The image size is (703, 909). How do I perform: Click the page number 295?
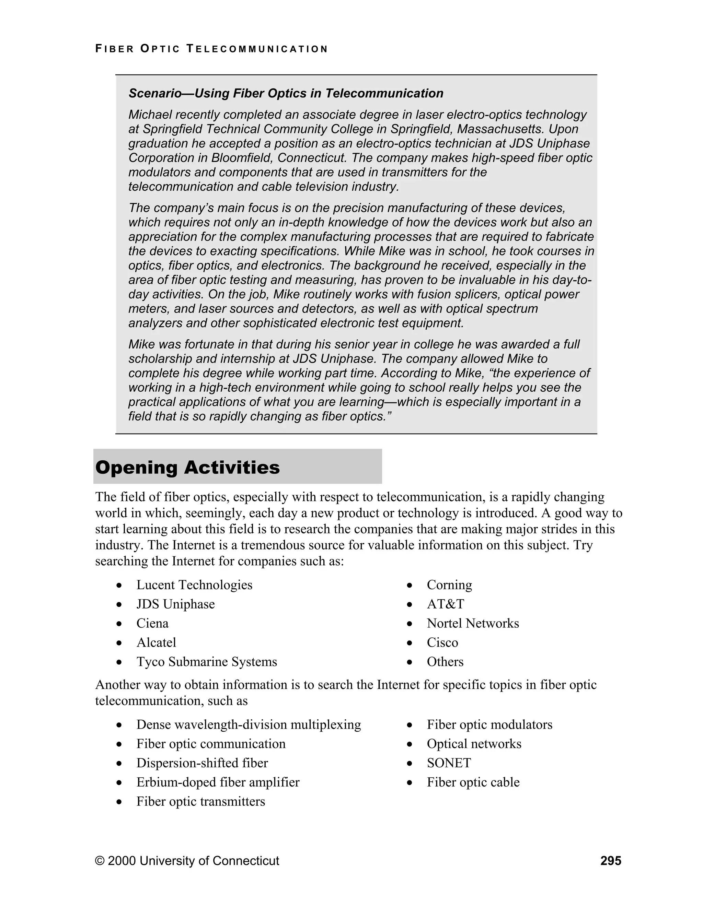[611, 861]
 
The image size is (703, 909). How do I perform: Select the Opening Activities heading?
[187, 468]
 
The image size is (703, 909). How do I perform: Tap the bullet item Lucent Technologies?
[194, 585]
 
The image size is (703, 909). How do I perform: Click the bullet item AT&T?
[445, 604]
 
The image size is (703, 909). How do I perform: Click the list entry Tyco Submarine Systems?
[207, 661]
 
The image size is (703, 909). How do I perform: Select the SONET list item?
[449, 763]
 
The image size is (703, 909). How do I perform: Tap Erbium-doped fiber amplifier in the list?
[218, 782]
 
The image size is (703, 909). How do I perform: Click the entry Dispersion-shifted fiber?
[202, 763]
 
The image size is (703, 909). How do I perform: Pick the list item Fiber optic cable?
[473, 782]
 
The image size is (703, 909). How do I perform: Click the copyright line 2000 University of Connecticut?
[187, 861]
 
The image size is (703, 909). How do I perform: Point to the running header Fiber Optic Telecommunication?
[211, 49]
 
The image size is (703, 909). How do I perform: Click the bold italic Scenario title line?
[286, 93]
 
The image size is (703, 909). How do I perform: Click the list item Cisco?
[442, 642]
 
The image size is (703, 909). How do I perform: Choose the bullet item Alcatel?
[156, 642]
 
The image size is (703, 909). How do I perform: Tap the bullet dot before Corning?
[410, 586]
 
